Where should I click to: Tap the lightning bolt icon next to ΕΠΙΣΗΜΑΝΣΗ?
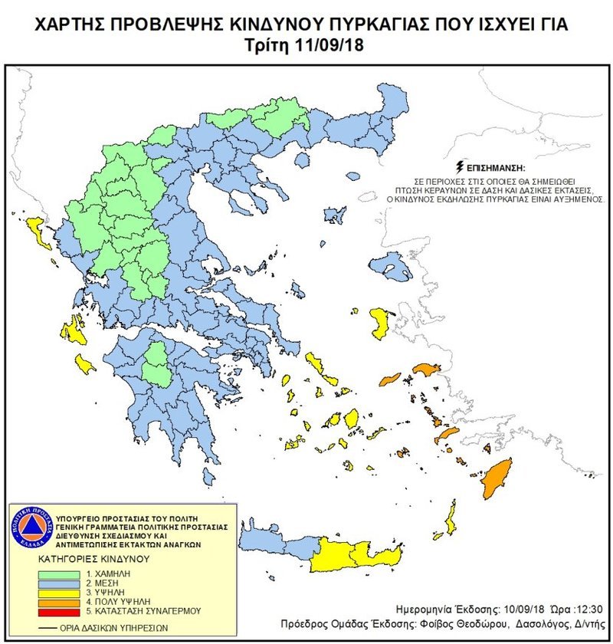459,165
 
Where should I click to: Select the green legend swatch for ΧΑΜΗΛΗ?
53,573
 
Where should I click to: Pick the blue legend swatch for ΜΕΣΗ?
53,583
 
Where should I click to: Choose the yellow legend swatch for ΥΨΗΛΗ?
53,593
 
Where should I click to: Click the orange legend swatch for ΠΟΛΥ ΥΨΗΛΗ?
53,603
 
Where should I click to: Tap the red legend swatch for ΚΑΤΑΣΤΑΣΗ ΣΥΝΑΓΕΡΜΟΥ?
53,612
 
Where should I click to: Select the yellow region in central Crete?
349,554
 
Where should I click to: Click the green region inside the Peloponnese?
159,363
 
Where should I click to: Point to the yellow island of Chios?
378,322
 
